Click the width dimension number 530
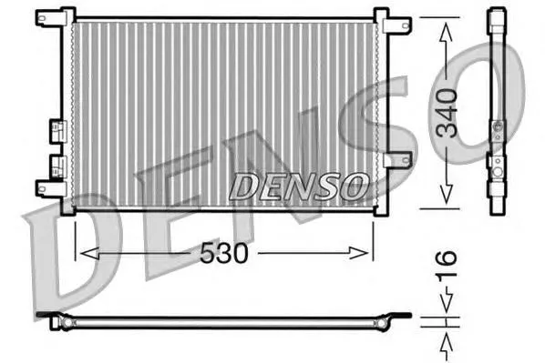pyautogui.click(x=225, y=254)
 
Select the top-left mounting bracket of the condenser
pyautogui.click(x=51, y=17)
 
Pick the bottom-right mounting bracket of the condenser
pyautogui.click(x=391, y=190)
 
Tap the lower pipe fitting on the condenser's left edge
pyautogui.click(x=58, y=166)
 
